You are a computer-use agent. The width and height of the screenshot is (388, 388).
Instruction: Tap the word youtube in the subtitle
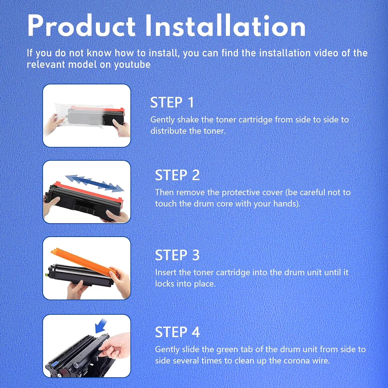point(132,65)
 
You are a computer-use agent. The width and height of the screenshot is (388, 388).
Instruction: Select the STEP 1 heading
point(172,102)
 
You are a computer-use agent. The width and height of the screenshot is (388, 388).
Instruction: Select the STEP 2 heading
point(177,175)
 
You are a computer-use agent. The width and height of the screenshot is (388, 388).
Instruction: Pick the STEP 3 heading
point(177,255)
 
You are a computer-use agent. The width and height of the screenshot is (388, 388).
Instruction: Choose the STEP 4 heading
point(177,332)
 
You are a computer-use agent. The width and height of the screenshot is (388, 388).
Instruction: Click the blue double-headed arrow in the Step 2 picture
point(95,183)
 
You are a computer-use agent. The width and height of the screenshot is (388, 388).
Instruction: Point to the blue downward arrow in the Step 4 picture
point(101,325)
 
